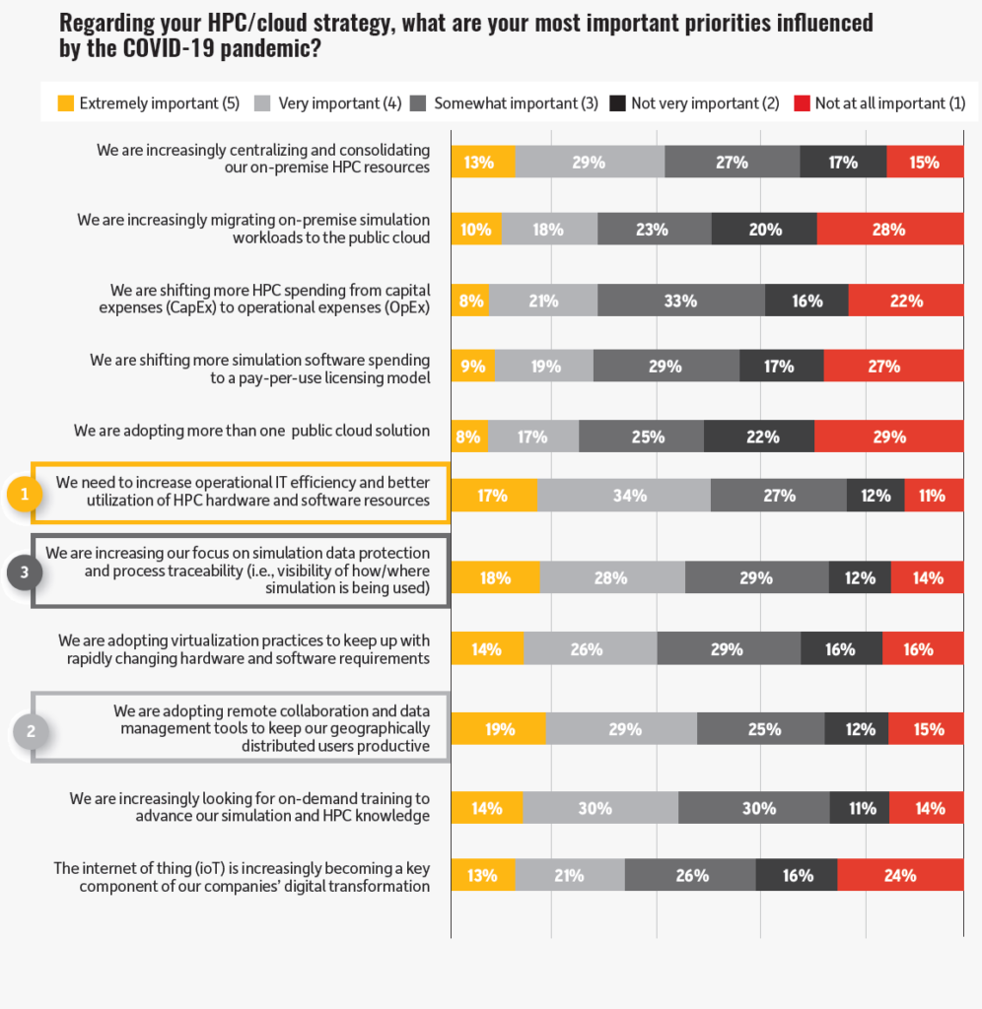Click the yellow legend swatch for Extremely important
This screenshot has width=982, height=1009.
(66, 103)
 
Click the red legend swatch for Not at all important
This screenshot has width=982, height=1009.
(802, 103)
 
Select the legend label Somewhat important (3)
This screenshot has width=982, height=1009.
(516, 103)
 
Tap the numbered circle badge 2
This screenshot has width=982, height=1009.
(31, 732)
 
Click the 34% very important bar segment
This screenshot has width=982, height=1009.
(624, 496)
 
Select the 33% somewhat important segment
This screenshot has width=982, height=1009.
(680, 302)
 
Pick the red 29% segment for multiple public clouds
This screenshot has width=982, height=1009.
(888, 437)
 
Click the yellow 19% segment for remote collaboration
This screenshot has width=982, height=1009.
(498, 729)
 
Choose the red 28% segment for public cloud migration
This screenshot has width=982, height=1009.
(889, 230)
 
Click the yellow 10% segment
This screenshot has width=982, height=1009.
(476, 230)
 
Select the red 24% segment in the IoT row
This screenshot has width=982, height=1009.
(899, 875)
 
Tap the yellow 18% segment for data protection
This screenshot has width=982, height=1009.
(495, 578)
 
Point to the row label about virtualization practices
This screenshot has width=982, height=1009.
(244, 649)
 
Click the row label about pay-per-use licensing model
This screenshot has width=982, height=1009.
(259, 369)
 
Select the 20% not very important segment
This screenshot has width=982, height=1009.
(764, 230)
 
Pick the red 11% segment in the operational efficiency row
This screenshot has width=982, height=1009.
(933, 496)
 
